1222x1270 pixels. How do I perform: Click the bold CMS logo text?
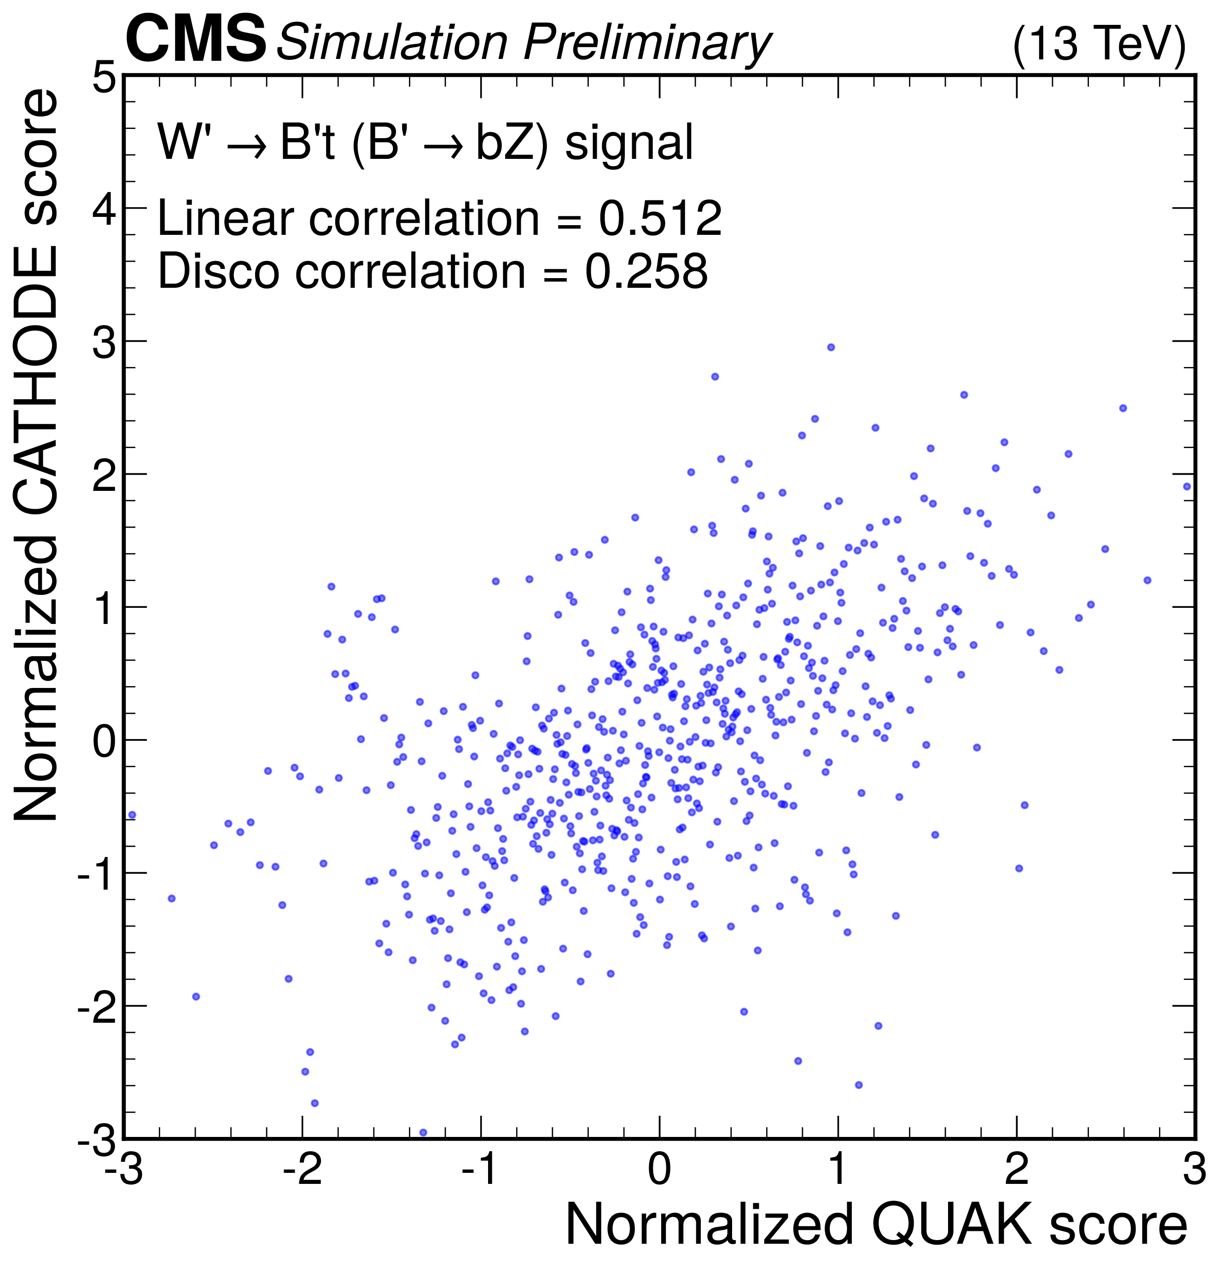pyautogui.click(x=195, y=40)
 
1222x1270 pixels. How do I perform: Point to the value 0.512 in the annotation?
pyautogui.click(x=660, y=218)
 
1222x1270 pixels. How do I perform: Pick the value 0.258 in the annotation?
pyautogui.click(x=646, y=271)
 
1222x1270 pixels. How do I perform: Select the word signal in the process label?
pyautogui.click(x=629, y=143)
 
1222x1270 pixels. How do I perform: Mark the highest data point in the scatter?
pyautogui.click(x=831, y=347)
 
